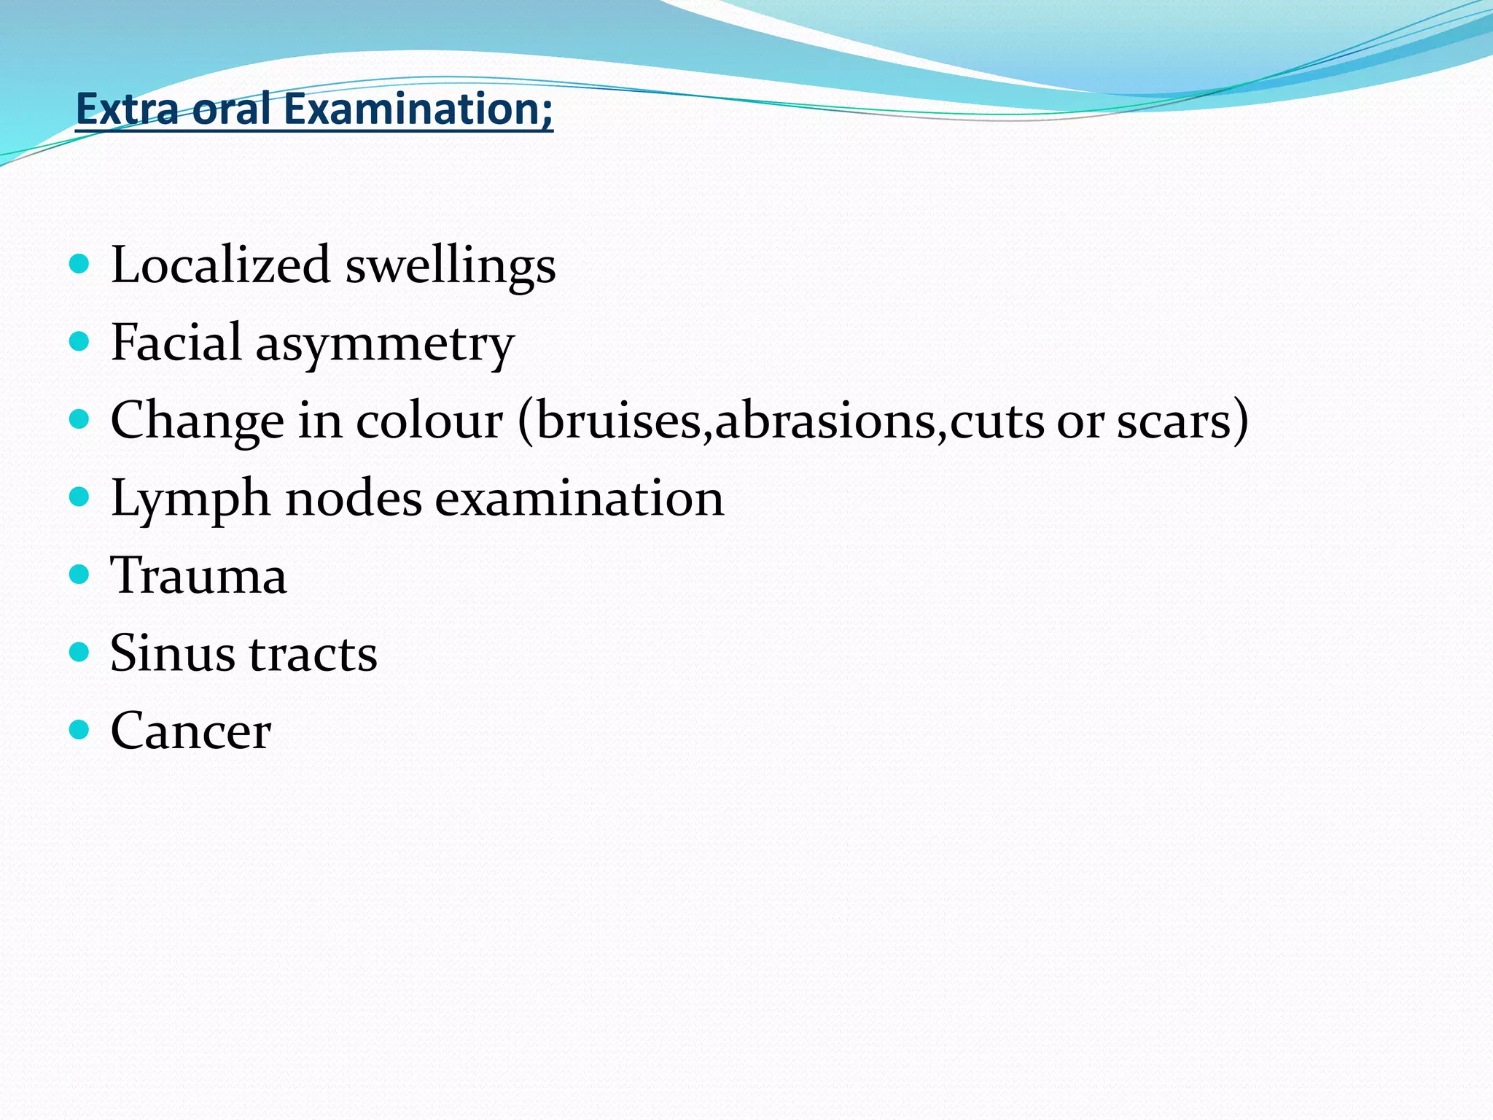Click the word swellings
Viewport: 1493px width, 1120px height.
(x=451, y=265)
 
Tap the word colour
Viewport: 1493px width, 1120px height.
(x=429, y=421)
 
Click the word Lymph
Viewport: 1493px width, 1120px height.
(x=190, y=499)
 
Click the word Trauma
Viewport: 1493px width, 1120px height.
(x=198, y=576)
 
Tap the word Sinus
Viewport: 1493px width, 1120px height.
(x=172, y=653)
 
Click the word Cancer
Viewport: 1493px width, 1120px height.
(x=191, y=731)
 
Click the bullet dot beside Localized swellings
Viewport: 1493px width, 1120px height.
(x=79, y=263)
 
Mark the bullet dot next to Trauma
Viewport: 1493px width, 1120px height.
(x=79, y=575)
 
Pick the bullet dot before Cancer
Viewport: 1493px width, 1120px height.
(x=79, y=729)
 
